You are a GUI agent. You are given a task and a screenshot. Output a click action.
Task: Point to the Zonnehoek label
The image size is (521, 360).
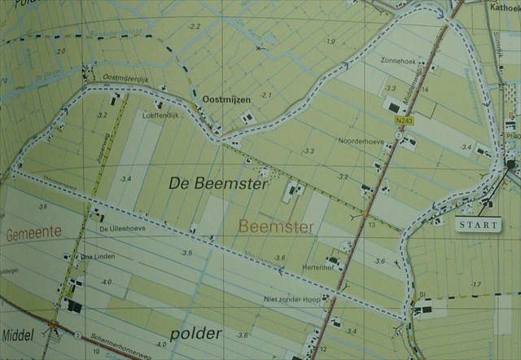tap(396, 59)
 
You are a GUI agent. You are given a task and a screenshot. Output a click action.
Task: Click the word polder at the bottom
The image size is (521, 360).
tap(196, 334)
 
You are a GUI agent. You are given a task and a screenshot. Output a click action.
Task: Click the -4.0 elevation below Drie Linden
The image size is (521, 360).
tap(105, 282)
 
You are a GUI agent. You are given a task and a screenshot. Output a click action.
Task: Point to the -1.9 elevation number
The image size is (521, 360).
tap(329, 42)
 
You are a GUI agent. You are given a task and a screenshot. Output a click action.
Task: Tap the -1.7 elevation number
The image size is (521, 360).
tap(476, 283)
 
